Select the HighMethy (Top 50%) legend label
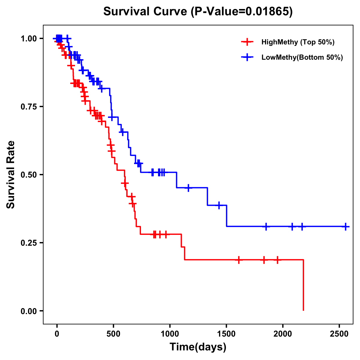click(298, 42)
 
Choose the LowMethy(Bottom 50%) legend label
click(302, 57)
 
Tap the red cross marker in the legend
click(247, 42)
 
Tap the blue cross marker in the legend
click(247, 57)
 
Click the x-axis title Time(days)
click(198, 347)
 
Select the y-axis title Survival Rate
click(11, 175)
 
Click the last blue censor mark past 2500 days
click(346, 226)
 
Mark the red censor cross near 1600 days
click(239, 260)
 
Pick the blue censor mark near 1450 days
click(219, 205)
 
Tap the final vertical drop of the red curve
click(303, 285)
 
